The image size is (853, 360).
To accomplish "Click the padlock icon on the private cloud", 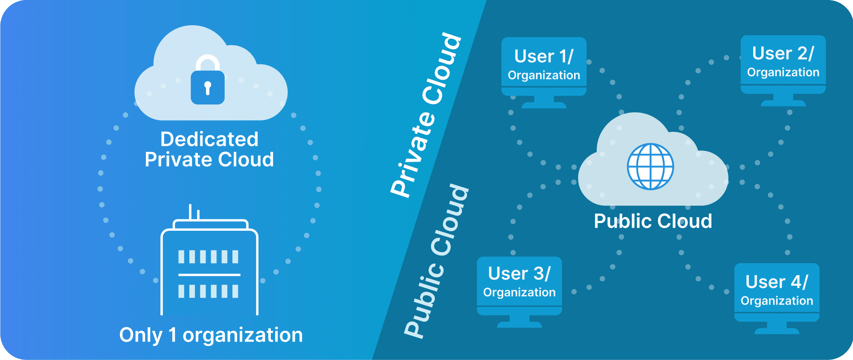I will click(x=208, y=84).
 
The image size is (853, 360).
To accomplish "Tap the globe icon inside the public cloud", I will click(x=650, y=166).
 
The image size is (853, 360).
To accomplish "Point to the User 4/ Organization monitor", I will click(x=777, y=292).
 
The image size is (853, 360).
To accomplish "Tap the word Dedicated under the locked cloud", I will click(x=209, y=139).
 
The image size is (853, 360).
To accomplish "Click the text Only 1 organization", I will click(x=211, y=335).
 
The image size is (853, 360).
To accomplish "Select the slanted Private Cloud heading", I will click(x=426, y=115).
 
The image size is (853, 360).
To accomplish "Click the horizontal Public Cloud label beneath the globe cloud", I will click(x=653, y=221).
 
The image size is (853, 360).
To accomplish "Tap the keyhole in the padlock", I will click(x=208, y=87).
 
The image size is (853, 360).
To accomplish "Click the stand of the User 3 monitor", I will click(x=519, y=322).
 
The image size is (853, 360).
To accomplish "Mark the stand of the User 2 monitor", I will click(x=783, y=101).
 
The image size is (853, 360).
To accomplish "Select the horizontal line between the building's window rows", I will click(x=209, y=275).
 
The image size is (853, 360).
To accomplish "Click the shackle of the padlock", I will click(x=208, y=62).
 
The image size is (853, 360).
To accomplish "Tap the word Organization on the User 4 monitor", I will click(x=777, y=301).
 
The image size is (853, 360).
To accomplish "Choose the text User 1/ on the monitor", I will click(x=544, y=56).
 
